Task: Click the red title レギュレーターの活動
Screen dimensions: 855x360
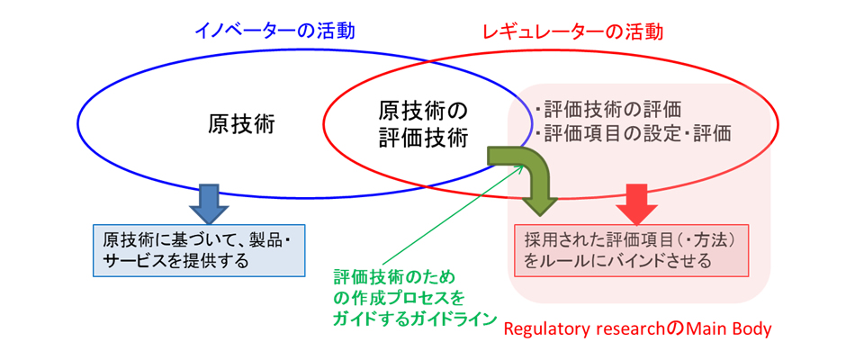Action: [573, 31]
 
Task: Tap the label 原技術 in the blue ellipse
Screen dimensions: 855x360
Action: [240, 125]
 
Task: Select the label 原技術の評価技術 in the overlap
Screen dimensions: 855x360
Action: [423, 125]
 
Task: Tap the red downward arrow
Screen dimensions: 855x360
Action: [637, 203]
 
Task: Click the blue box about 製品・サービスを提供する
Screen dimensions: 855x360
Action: [199, 250]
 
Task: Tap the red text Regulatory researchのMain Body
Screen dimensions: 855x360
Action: [637, 329]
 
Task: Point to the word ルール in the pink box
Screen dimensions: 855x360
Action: [570, 261]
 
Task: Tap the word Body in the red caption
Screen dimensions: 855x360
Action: [753, 330]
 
